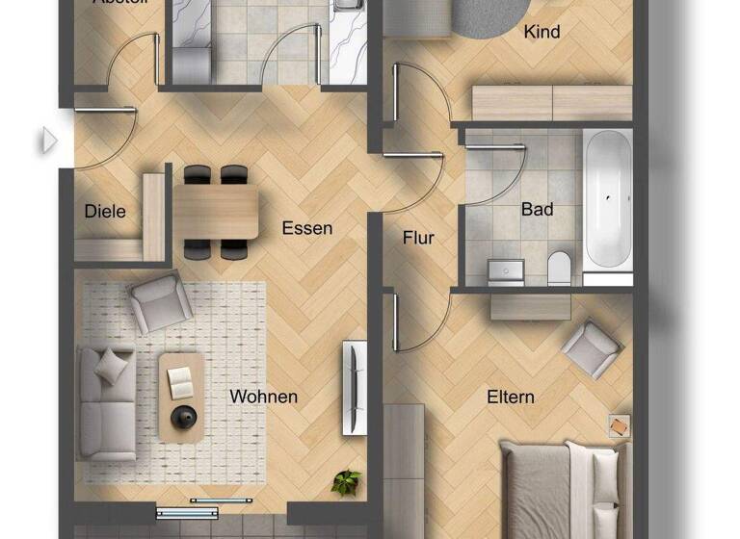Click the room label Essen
click(x=307, y=228)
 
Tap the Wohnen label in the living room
click(x=263, y=397)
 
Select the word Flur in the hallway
click(x=418, y=238)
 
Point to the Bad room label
click(x=538, y=208)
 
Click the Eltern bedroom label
click(x=511, y=397)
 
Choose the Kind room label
click(x=542, y=32)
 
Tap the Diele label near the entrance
click(x=105, y=211)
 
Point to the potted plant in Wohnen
click(x=346, y=481)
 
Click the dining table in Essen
click(x=215, y=213)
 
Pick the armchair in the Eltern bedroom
click(x=591, y=347)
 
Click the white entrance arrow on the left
click(x=48, y=141)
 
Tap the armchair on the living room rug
click(x=161, y=301)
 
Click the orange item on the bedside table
click(x=618, y=424)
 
